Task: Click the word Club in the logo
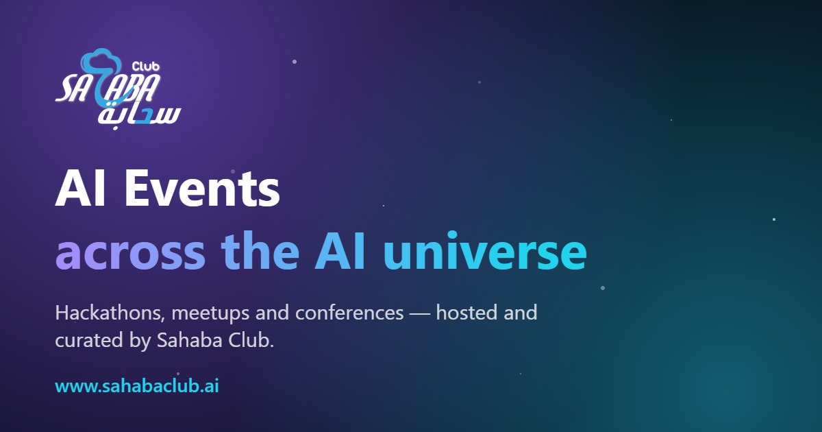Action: point(146,67)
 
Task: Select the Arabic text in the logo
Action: point(140,116)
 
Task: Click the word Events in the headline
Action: point(202,189)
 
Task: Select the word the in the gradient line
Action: point(260,251)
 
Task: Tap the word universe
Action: point(485,251)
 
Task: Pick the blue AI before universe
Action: point(340,252)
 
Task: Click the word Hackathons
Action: point(110,313)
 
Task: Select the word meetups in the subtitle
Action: point(211,314)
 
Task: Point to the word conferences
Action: point(349,313)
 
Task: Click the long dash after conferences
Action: point(420,313)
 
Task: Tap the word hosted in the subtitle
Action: point(466,313)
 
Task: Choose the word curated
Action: point(89,340)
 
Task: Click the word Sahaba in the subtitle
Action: point(190,340)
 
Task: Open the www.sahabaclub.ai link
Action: point(137,386)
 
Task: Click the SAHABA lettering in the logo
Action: point(108,88)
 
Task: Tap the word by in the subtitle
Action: point(140,341)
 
